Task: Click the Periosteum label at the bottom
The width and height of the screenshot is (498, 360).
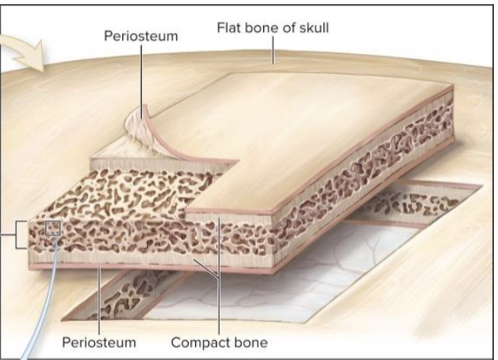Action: coord(99,342)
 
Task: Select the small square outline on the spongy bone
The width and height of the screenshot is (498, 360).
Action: coord(53,229)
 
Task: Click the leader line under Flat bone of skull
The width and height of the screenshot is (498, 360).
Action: coord(271,52)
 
